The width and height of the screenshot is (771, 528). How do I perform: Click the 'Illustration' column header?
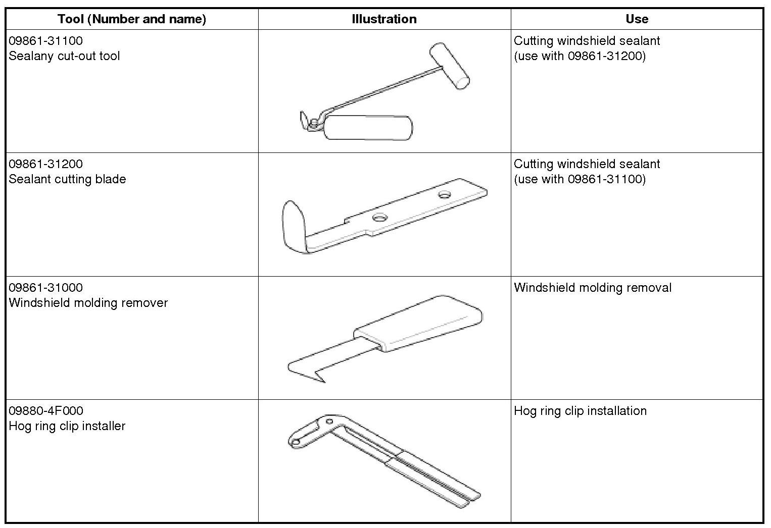coord(384,19)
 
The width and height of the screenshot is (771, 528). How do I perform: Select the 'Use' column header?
coord(637,19)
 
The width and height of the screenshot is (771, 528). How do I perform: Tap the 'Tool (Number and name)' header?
coord(132,19)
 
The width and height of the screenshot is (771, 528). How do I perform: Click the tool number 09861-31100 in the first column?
coord(45,41)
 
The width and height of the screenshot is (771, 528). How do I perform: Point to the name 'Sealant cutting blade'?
coord(67,179)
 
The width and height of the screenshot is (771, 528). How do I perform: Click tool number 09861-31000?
coord(45,288)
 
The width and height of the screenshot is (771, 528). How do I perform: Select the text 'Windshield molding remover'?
coord(88,303)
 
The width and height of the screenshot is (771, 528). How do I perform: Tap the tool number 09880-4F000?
coord(46,411)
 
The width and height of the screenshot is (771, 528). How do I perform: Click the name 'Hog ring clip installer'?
coord(67,426)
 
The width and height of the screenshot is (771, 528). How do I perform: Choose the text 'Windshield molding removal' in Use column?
coord(593,288)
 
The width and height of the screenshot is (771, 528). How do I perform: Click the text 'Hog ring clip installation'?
coord(580,411)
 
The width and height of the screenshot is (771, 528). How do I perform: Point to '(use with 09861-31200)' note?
coord(580,56)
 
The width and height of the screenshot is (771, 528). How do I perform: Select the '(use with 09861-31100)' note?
coord(580,179)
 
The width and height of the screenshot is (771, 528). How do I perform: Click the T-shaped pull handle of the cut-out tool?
coord(449,66)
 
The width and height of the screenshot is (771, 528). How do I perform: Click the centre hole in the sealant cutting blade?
coord(379,218)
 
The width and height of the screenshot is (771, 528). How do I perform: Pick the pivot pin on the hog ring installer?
coord(329,420)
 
